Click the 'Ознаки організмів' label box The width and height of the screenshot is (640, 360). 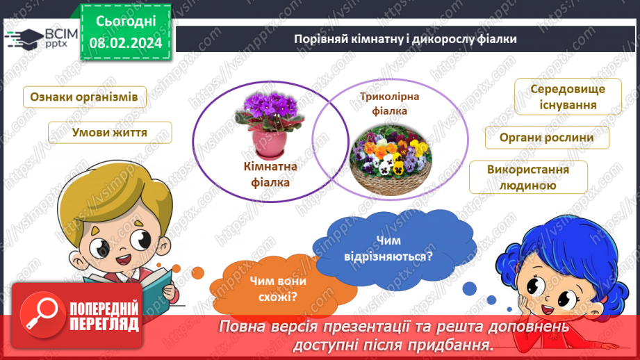click(x=85, y=97)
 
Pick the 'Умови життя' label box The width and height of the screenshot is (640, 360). click(x=110, y=133)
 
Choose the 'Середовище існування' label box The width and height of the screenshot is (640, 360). click(x=568, y=97)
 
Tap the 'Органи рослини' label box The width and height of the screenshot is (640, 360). click(x=547, y=137)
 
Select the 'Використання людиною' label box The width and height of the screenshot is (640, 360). click(x=528, y=177)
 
